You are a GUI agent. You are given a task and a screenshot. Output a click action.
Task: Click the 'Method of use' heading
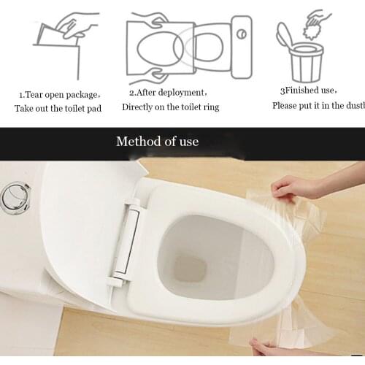pos(157,141)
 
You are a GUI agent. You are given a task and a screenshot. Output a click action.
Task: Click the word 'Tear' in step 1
pos(38,95)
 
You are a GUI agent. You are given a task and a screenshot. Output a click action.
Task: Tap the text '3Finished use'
pos(307,91)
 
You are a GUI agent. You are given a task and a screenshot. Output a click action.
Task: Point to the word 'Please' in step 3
pos(285,105)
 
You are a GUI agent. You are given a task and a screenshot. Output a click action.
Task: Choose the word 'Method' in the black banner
pos(137,141)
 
